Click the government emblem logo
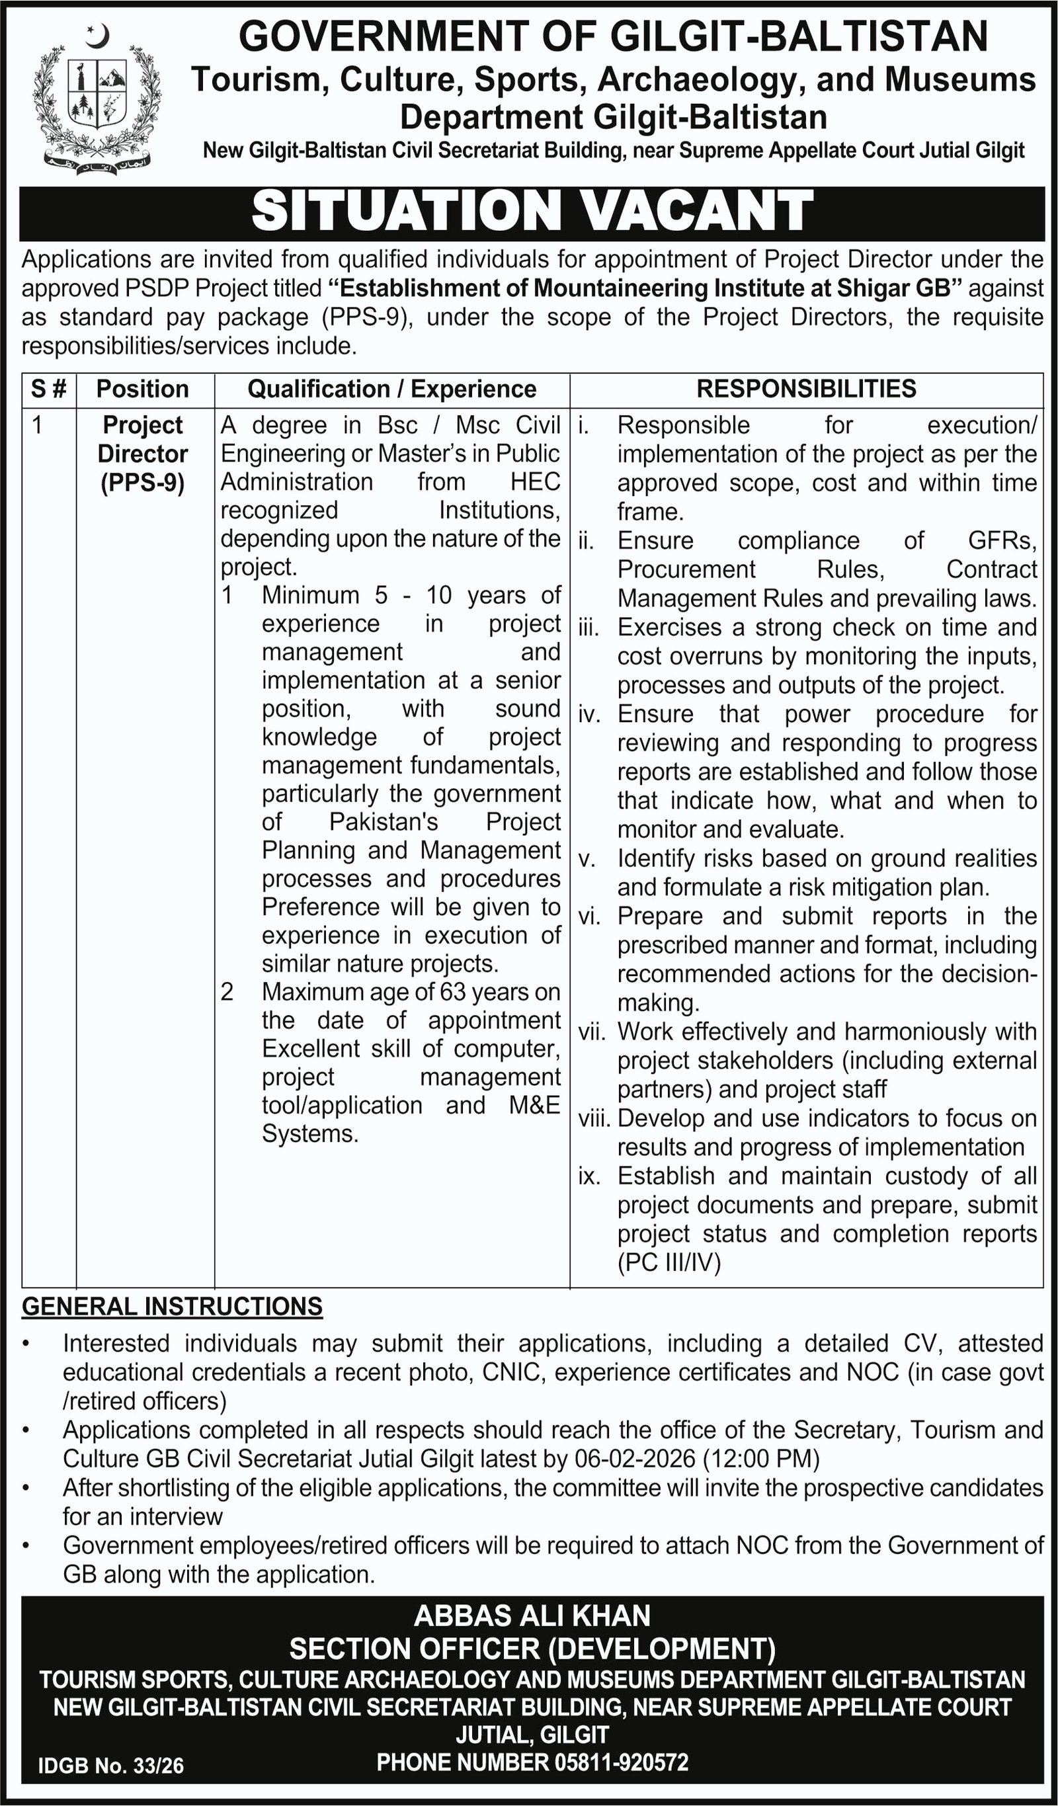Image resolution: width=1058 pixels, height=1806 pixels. click(x=97, y=97)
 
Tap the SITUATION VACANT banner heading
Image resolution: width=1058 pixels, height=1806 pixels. click(x=532, y=212)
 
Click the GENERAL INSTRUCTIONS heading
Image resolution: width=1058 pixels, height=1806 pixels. click(x=172, y=1306)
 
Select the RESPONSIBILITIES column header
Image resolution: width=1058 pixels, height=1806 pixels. click(x=807, y=388)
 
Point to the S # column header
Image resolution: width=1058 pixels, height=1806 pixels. click(x=49, y=388)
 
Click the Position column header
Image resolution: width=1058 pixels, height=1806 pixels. click(x=143, y=388)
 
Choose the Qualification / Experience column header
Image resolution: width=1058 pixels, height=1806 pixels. click(x=391, y=388)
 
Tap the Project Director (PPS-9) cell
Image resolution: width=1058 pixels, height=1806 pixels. click(x=143, y=454)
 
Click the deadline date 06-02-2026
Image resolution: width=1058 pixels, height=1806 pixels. click(x=633, y=1458)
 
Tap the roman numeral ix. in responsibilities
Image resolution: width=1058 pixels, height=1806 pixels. click(x=589, y=1176)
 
